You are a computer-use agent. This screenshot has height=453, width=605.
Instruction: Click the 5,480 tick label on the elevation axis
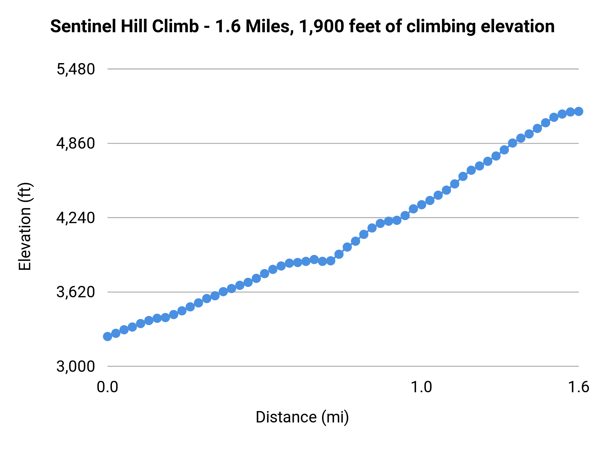pyautogui.click(x=76, y=69)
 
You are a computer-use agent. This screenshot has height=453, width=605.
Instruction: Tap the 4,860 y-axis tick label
pyautogui.click(x=76, y=144)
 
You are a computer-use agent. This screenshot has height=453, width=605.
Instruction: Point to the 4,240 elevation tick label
pyautogui.click(x=76, y=218)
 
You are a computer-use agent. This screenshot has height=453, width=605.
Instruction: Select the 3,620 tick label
pyautogui.click(x=76, y=292)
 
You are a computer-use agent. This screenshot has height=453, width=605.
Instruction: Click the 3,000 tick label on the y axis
pyautogui.click(x=76, y=366)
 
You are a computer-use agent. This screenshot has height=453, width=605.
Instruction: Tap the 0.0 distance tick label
pyautogui.click(x=107, y=387)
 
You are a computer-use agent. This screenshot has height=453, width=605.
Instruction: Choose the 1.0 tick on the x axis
pyautogui.click(x=421, y=387)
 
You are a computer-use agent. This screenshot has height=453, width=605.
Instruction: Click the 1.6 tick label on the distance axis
pyautogui.click(x=578, y=387)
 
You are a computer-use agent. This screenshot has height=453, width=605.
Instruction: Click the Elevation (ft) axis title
pyautogui.click(x=25, y=226)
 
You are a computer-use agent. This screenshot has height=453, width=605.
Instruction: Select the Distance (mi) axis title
pyautogui.click(x=302, y=417)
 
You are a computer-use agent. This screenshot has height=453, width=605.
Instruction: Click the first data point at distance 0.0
pyautogui.click(x=108, y=337)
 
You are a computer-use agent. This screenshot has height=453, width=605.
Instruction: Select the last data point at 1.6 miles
pyautogui.click(x=578, y=111)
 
